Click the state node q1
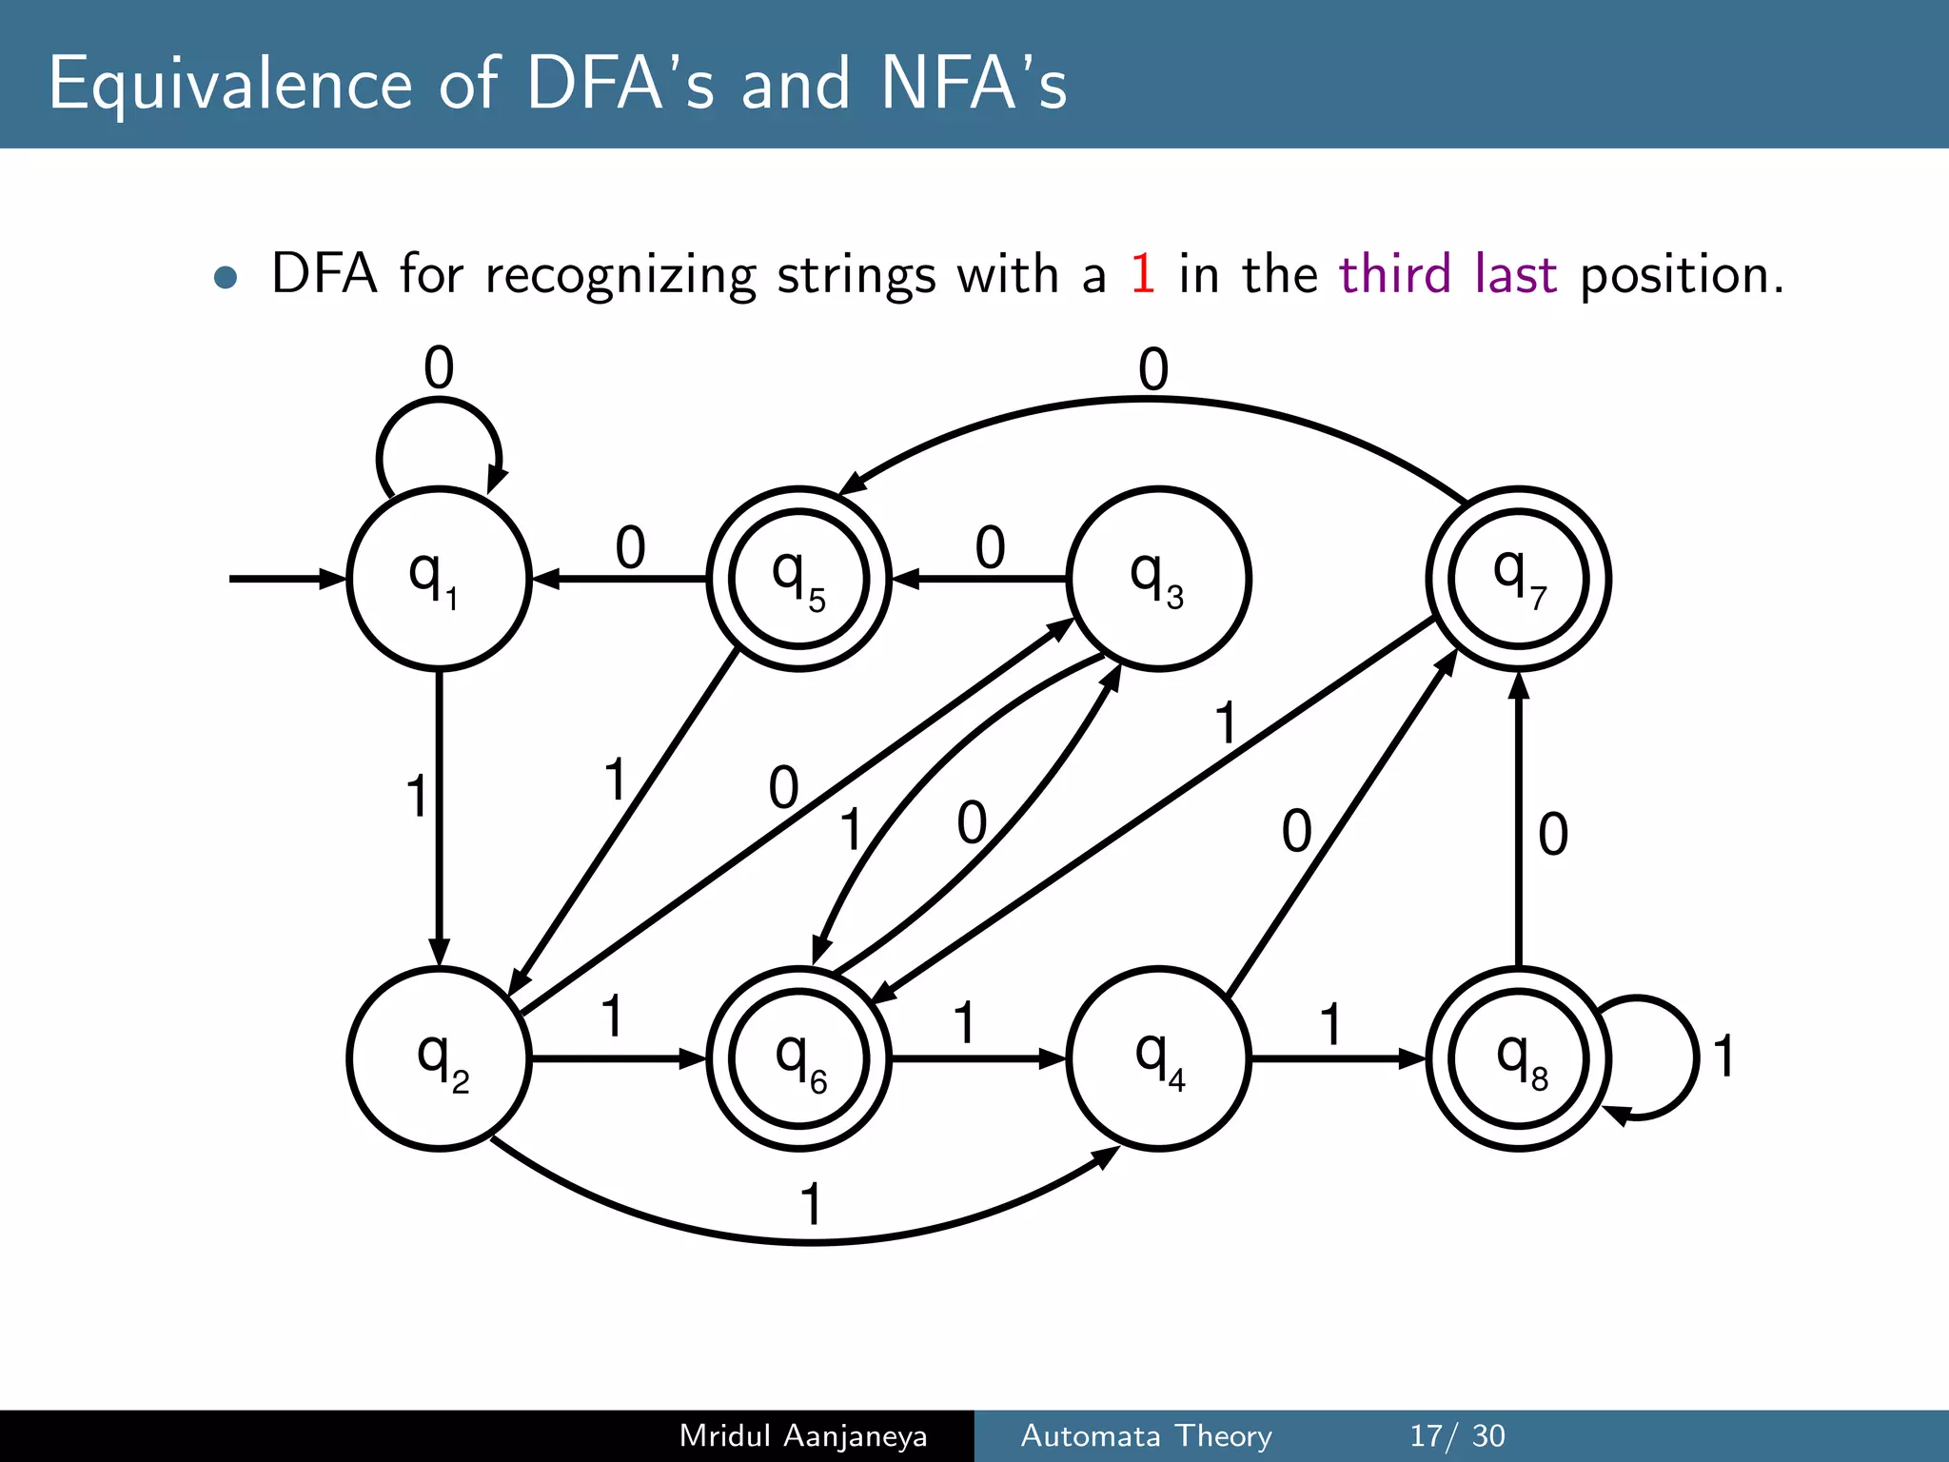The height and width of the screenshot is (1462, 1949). pyautogui.click(x=439, y=579)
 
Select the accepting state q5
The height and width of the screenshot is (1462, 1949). pyautogui.click(x=799, y=579)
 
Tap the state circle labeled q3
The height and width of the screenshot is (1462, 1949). pyautogui.click(x=1158, y=579)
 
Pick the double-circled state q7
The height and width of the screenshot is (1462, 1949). pyautogui.click(x=1519, y=579)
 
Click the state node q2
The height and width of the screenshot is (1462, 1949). pyautogui.click(x=439, y=1058)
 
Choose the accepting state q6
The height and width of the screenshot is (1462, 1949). pyautogui.click(x=799, y=1058)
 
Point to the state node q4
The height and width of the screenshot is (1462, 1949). pyautogui.click(x=1158, y=1058)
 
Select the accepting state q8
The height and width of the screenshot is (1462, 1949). pyautogui.click(x=1519, y=1058)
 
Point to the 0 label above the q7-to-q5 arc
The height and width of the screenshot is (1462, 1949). pyautogui.click(x=1152, y=370)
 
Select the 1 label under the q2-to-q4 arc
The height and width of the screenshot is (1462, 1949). pyautogui.click(x=810, y=1205)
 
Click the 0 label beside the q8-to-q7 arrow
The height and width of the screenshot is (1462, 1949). pyautogui.click(x=1553, y=835)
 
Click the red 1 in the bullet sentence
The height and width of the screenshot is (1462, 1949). pyautogui.click(x=1142, y=274)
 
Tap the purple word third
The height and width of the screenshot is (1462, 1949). pyautogui.click(x=1395, y=274)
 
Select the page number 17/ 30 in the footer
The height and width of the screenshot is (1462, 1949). pyautogui.click(x=1457, y=1435)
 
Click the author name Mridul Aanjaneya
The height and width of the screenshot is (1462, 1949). pyautogui.click(x=803, y=1435)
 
